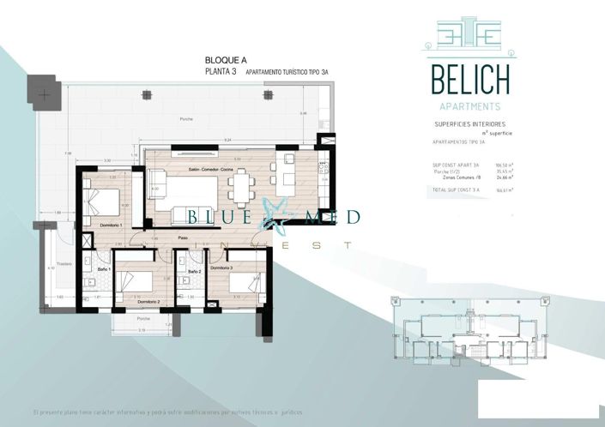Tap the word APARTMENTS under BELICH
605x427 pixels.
click(x=470, y=106)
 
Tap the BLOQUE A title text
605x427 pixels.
click(x=226, y=60)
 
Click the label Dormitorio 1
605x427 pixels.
click(x=112, y=225)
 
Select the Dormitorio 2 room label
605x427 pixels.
click(x=148, y=303)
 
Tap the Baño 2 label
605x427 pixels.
click(x=194, y=271)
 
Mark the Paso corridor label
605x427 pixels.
click(x=183, y=238)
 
